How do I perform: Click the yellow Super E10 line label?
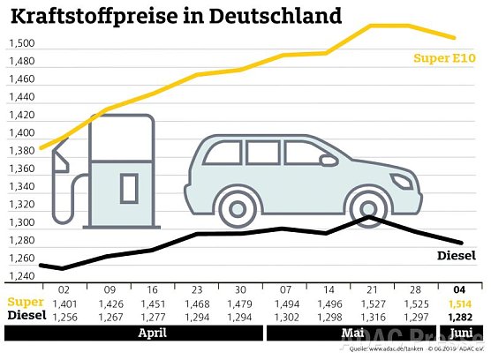coord(445,58)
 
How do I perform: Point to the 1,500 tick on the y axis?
coord(22,43)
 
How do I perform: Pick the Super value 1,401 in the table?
coord(64,304)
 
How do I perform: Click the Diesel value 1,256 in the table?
coord(64,317)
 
